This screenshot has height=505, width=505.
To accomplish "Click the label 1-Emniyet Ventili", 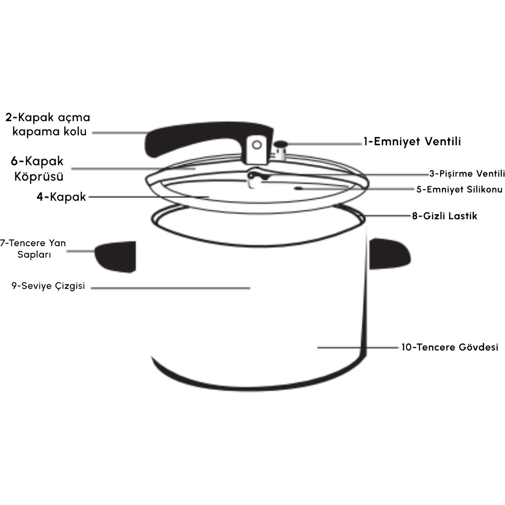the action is [x=412, y=141].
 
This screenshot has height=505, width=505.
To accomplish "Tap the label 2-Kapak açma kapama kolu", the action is [x=48, y=124].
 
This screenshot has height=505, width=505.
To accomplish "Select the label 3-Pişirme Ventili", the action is [x=467, y=174].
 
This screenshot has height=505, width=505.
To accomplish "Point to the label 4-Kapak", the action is [x=61, y=197].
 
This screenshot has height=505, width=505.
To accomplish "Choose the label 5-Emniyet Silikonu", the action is [x=460, y=189].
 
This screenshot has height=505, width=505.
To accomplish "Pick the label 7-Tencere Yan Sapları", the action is [x=33, y=249].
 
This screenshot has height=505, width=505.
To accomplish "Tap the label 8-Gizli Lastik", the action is [x=445, y=216].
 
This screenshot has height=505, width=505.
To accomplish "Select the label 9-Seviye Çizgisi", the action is [x=48, y=286].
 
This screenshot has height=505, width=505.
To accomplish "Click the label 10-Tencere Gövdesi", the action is [x=450, y=347].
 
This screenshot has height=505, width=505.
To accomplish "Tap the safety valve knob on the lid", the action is [x=281, y=150].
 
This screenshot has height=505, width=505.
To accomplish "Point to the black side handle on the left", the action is [x=115, y=257].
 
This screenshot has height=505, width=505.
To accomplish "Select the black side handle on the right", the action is [x=390, y=253].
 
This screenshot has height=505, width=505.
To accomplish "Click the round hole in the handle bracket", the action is [x=257, y=145].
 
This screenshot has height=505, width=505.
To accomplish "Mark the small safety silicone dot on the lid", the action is [x=298, y=188].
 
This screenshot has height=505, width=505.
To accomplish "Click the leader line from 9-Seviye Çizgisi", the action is [x=170, y=288].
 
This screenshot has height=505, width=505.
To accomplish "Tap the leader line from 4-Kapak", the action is [x=149, y=197].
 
